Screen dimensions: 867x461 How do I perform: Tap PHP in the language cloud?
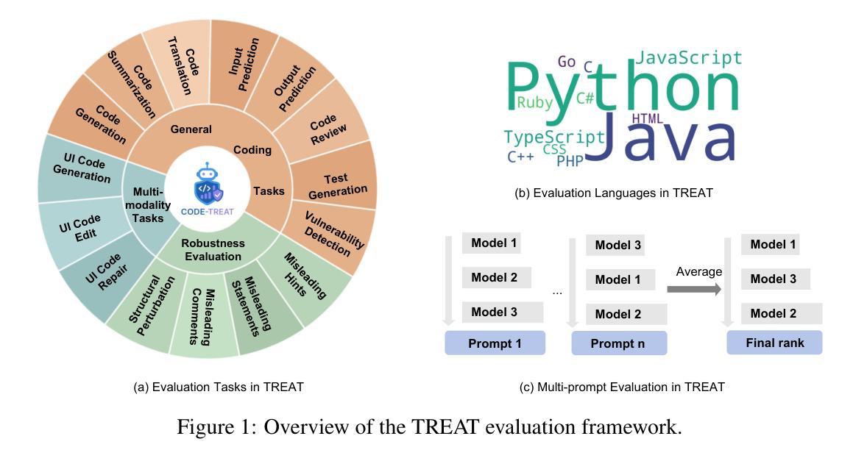coord(569,161)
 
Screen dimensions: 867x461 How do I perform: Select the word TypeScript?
coord(553,137)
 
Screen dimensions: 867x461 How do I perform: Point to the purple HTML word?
coord(648,118)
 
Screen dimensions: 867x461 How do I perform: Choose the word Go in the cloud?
coord(567,62)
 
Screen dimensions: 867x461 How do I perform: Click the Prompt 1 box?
coord(495,343)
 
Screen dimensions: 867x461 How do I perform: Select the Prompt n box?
coord(619,343)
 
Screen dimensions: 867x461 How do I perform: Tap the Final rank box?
coord(774,343)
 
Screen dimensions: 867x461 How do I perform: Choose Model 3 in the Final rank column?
coord(774,279)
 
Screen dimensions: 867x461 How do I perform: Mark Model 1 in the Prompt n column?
coord(617,279)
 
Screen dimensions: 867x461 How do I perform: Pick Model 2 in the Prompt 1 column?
coord(494,277)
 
